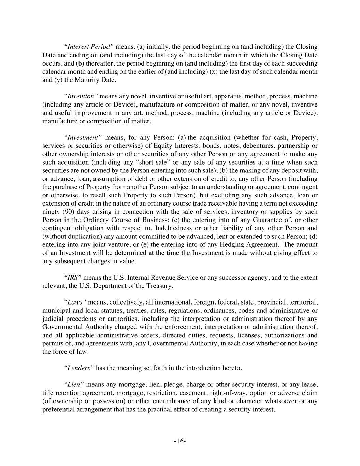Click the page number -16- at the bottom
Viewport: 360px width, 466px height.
pyautogui.click(x=180, y=441)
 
